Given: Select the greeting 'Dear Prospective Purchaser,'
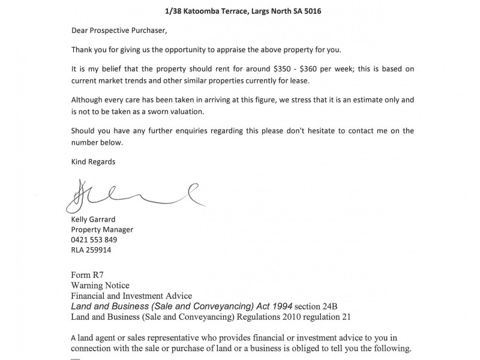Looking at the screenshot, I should click(117, 31).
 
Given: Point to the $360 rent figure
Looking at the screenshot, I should click(294, 69).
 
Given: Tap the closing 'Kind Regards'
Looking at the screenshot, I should click(93, 161).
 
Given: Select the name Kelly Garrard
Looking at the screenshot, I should click(94, 219).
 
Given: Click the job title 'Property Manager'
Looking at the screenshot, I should click(102, 229).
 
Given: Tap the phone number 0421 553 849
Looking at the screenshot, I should click(94, 239).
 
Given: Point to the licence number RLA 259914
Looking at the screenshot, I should click(91, 250).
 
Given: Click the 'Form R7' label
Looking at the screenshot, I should click(87, 275).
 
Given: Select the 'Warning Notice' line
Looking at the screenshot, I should click(100, 286).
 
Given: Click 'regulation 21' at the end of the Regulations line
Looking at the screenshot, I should click(339, 316).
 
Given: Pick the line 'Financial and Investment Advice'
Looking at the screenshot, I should click(131, 296).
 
